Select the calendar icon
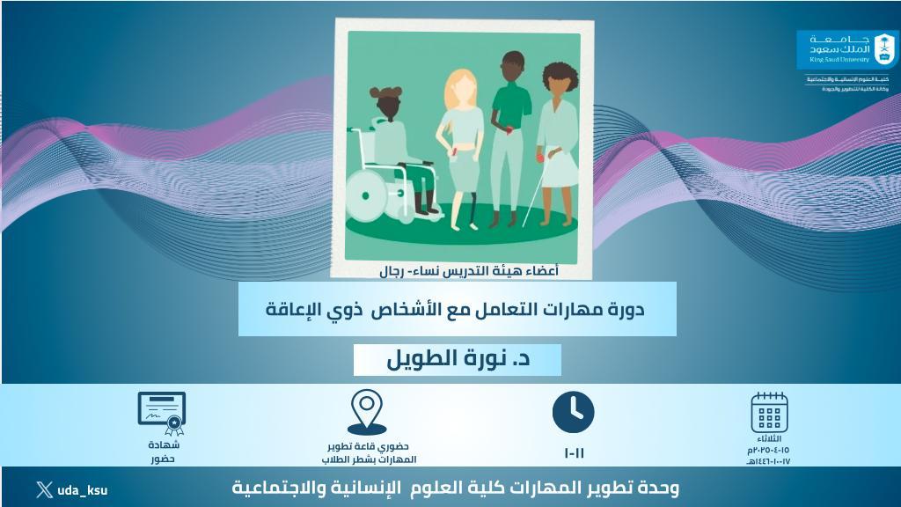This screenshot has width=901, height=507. point(769,412)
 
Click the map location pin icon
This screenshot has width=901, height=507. point(367,410)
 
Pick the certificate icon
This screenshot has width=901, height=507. point(162,413)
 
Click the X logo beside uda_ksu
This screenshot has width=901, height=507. point(44,489)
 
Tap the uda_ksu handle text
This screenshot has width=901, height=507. point(83,490)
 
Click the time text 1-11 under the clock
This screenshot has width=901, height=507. point(574,453)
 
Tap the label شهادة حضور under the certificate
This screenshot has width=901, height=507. point(162,452)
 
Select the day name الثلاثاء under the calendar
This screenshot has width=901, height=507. point(769,438)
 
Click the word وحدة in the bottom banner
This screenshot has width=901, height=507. point(656,487)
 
